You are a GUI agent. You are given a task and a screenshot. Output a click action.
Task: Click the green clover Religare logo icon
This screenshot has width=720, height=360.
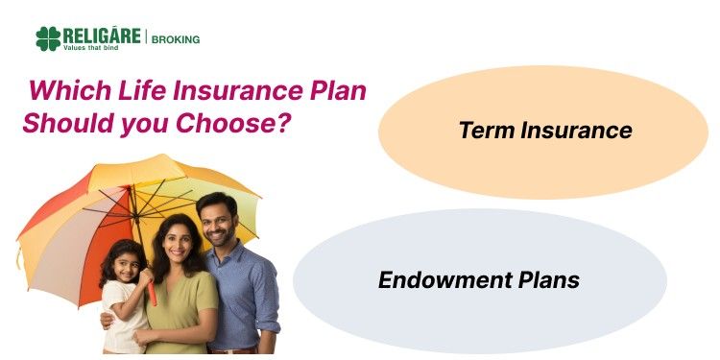pyautogui.click(x=48, y=38)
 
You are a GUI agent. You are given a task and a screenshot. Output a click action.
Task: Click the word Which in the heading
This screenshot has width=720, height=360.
pyautogui.click(x=63, y=93)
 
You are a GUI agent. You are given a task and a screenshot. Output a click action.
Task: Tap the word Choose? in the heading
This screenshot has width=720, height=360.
pyautogui.click(x=240, y=124)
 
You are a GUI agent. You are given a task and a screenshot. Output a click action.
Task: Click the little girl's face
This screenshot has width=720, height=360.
pyautogui.click(x=125, y=264)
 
